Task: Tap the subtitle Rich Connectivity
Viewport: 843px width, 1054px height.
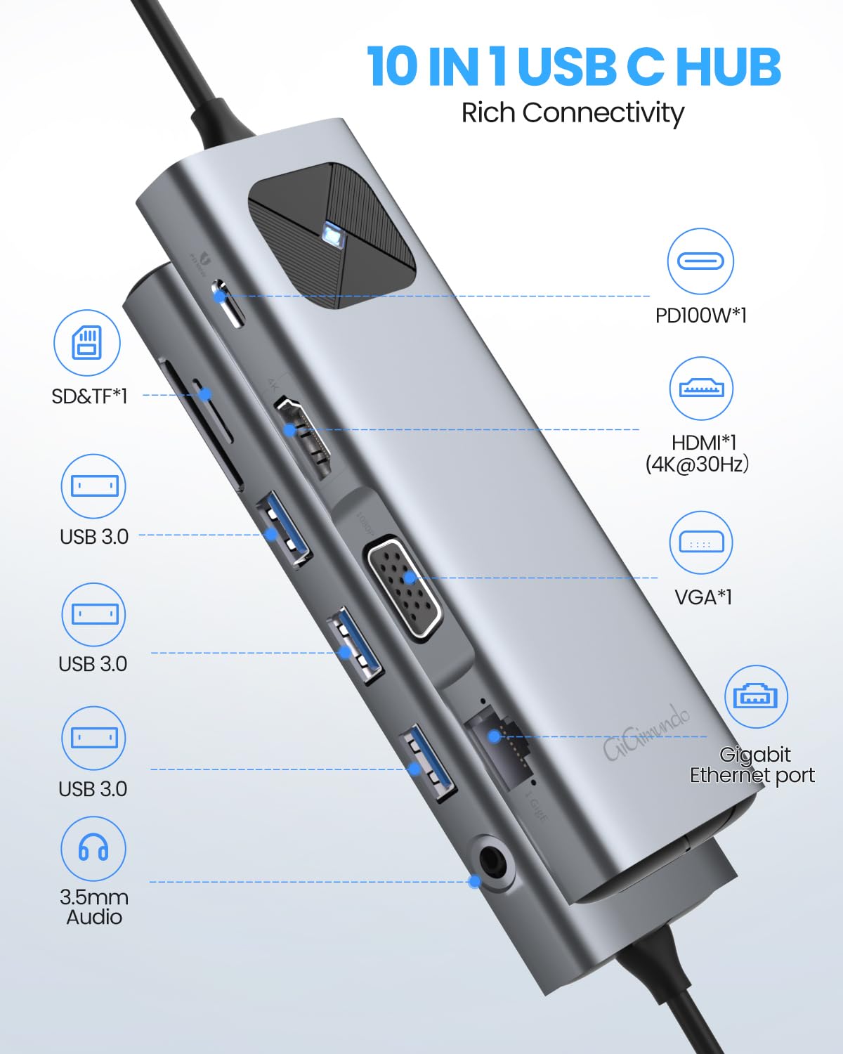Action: [x=572, y=112]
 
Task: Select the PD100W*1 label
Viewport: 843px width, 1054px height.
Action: [x=700, y=315]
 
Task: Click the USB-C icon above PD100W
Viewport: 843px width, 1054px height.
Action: [x=700, y=261]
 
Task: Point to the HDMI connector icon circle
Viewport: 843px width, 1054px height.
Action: [x=701, y=388]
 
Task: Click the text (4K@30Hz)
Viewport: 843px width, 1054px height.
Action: [x=697, y=464]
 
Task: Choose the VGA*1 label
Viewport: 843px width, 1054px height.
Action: [x=702, y=597]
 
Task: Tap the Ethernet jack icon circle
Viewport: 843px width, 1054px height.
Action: [x=756, y=697]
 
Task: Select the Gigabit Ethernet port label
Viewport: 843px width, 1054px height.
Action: [x=752, y=765]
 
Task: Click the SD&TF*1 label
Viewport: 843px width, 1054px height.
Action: [x=89, y=396]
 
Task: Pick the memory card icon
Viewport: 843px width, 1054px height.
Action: [x=87, y=343]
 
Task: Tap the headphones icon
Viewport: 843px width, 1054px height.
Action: [x=93, y=848]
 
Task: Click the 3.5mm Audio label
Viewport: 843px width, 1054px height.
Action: [x=93, y=906]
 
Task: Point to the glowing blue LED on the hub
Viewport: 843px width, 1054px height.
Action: [x=330, y=235]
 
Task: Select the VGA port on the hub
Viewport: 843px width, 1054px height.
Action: [x=404, y=587]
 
